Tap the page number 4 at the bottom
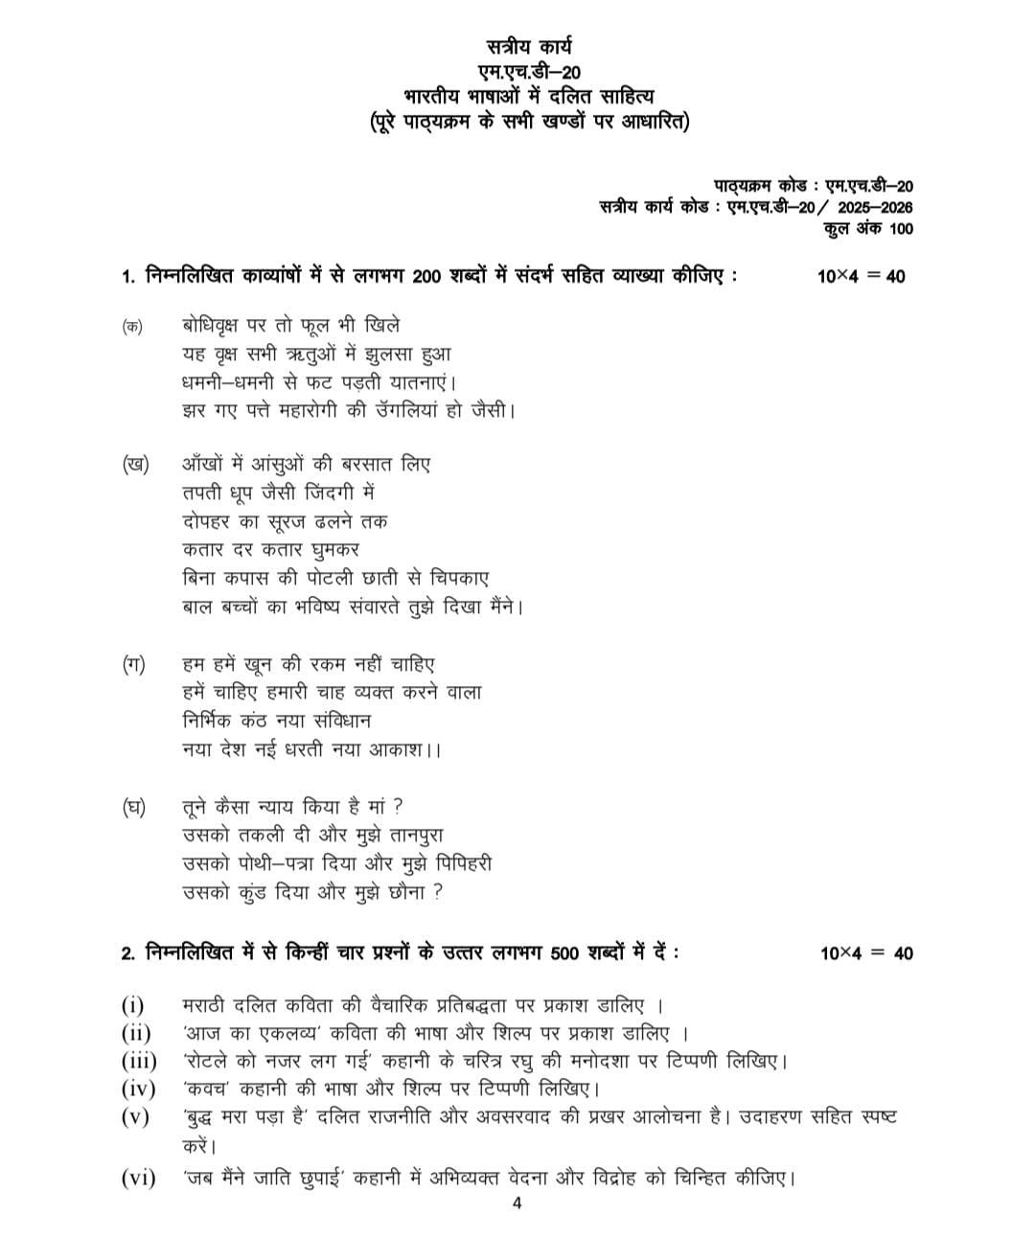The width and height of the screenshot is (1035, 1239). [x=517, y=1205]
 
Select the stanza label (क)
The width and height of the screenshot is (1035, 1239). [x=132, y=326]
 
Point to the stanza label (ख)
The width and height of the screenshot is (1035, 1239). [x=135, y=465]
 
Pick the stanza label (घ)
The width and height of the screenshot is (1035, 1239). [x=134, y=807]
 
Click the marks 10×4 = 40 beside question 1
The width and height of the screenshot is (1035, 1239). [x=861, y=277]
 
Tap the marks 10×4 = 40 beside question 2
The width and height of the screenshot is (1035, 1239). [x=866, y=953]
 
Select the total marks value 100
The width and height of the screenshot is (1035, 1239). [x=901, y=229]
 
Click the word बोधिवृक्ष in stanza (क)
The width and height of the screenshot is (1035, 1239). [x=214, y=326]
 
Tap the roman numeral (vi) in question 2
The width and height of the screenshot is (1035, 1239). [x=137, y=1178]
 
